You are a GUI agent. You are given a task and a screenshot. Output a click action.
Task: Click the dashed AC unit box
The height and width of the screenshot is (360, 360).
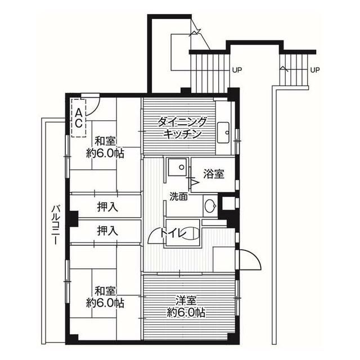pos(79,118)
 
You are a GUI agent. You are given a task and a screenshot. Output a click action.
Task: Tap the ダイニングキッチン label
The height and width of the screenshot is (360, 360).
pos(182,128)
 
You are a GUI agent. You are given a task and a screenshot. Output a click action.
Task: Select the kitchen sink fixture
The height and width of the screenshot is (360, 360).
pos(223,133)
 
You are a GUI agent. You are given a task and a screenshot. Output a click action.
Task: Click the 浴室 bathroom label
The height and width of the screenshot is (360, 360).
pos(214,174)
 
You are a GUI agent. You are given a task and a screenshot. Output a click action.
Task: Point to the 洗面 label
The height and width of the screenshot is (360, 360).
pos(179,196)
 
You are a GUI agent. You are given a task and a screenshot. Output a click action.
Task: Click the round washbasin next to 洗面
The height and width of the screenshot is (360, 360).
pos(210,206)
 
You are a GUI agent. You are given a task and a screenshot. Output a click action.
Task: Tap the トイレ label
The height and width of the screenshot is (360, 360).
pos(174,233)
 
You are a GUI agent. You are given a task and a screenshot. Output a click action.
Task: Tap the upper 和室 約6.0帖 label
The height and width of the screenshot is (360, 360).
pos(105,147)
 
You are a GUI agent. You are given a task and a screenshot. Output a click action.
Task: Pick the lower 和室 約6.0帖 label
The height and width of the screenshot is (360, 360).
pos(105,298)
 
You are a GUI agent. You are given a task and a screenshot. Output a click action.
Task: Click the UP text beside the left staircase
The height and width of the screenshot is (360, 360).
pos(237,70)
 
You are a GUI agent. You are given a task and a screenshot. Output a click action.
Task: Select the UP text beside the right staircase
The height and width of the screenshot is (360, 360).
pos(315,70)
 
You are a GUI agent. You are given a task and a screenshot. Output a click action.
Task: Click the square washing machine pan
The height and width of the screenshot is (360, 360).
pos(177,167)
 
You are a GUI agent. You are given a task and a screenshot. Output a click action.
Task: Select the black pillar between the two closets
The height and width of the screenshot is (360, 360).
pos(74,219)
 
